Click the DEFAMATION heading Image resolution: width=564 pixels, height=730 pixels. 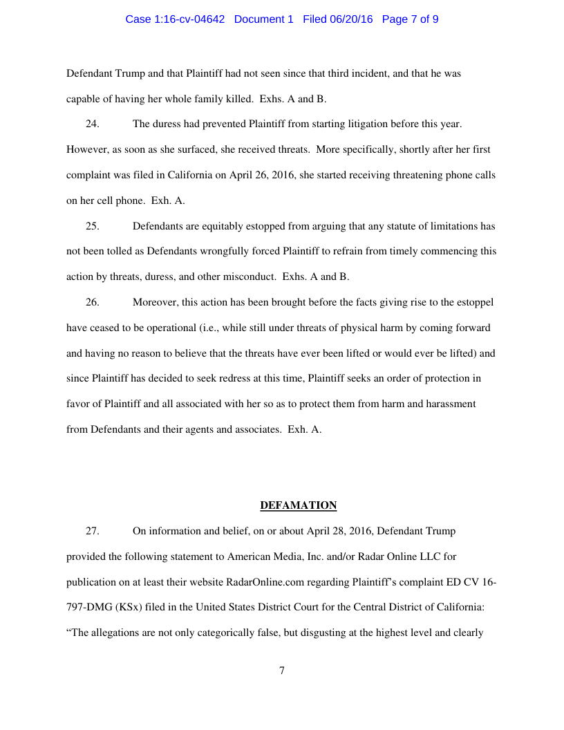pos(298,505)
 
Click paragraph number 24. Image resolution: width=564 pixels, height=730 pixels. pos(92,124)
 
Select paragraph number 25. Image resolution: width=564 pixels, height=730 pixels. pos(92,226)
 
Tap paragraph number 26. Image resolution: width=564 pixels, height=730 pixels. pos(92,302)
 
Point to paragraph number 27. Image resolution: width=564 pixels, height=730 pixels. pos(92,531)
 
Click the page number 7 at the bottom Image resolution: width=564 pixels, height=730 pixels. pos(282,670)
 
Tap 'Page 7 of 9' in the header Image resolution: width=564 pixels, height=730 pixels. pos(410,19)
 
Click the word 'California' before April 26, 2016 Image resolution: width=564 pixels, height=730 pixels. pos(189,175)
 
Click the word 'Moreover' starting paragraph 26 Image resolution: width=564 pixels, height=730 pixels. pos(155,302)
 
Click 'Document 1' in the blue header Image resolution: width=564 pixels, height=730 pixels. pos(264,19)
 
